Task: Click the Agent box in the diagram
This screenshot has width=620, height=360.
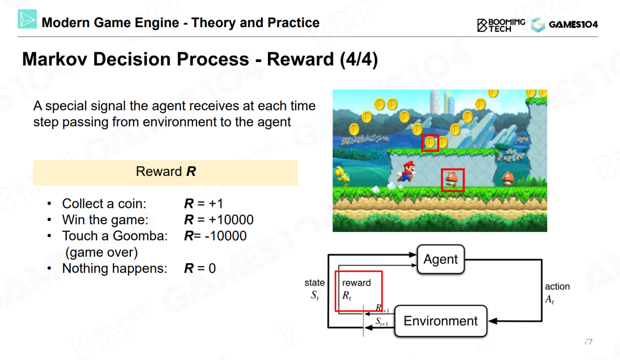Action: click(441, 259)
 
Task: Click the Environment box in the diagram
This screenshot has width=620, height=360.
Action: click(441, 321)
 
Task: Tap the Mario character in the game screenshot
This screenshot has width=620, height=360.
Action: click(406, 172)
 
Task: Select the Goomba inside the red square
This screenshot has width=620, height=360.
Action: click(452, 180)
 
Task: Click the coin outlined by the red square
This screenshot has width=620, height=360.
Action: click(430, 142)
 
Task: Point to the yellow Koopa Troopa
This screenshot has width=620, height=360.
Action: click(342, 176)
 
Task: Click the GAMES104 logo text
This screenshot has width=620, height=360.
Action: click(573, 24)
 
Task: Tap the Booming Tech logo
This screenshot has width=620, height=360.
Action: click(501, 25)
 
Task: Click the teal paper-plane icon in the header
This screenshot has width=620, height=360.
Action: click(27, 19)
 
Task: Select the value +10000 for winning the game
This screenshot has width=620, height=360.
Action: click(231, 220)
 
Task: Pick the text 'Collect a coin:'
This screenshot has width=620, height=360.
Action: click(104, 203)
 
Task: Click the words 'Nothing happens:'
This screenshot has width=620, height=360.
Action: click(115, 268)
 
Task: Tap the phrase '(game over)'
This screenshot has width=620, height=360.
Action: click(101, 252)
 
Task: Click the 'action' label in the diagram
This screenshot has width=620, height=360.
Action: click(557, 286)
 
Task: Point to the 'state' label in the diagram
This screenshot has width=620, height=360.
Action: click(314, 282)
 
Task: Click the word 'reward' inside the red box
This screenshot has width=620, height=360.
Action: click(356, 283)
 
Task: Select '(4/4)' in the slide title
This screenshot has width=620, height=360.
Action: click(359, 59)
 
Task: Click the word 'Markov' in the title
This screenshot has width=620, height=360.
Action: click(55, 59)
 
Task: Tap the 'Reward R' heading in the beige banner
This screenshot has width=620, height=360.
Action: click(166, 172)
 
